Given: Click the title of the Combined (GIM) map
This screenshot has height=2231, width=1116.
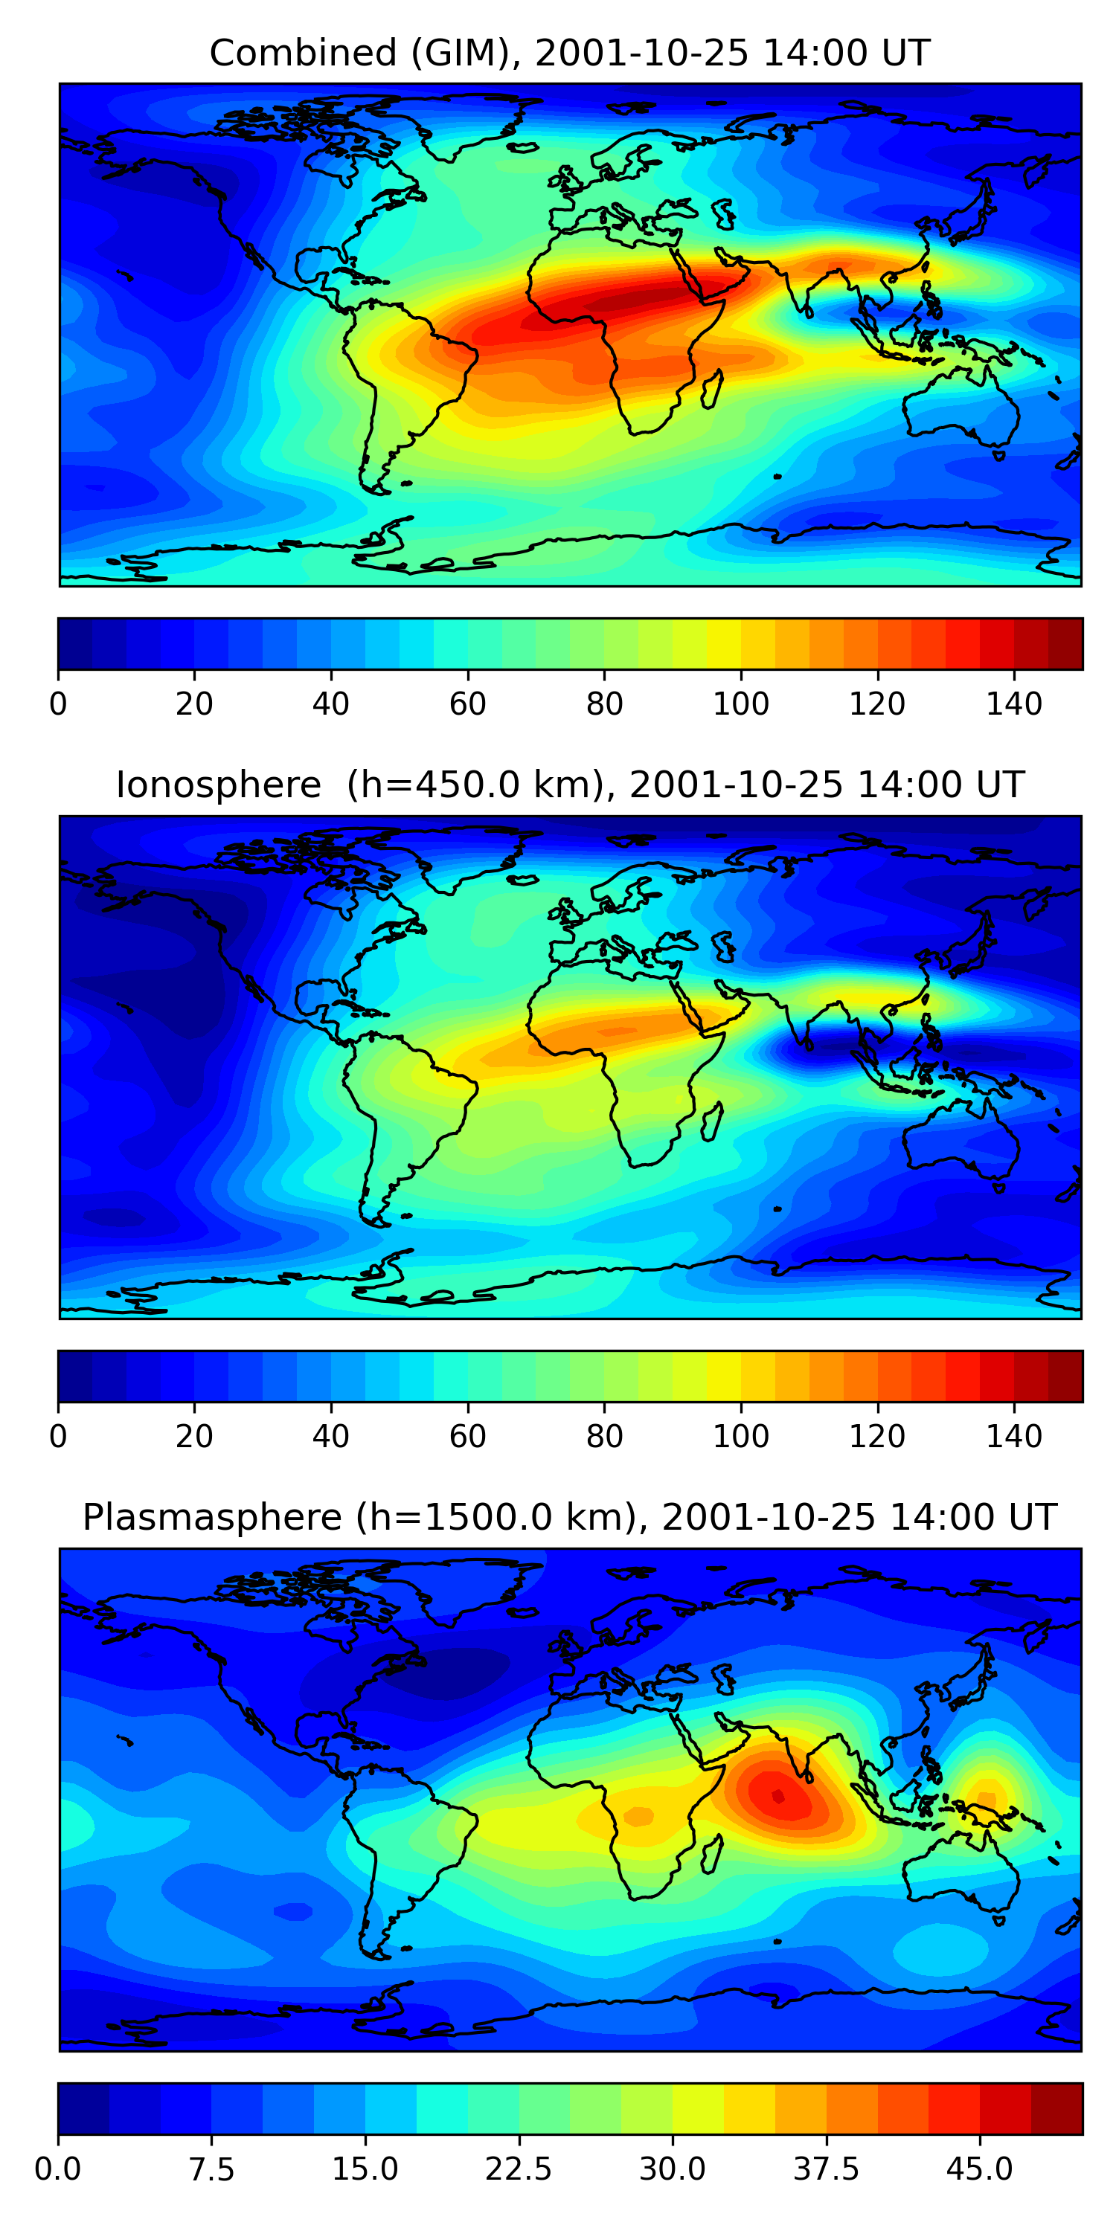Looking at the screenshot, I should [x=569, y=53].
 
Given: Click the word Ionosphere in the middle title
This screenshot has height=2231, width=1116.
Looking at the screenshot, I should [x=218, y=785].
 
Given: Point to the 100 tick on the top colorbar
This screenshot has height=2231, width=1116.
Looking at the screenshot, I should [x=741, y=704].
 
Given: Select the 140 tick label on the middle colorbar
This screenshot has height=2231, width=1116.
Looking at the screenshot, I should [x=1014, y=1436].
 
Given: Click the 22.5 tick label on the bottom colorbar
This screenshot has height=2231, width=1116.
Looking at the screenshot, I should [x=518, y=2169].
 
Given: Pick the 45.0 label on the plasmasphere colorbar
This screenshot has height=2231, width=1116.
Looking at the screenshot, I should [x=979, y=2169].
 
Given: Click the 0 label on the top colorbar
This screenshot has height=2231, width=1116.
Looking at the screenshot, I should [x=58, y=704].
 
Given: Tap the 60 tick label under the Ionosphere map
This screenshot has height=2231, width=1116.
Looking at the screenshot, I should [x=468, y=1436].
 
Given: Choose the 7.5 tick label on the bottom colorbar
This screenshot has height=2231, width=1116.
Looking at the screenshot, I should [x=211, y=2169].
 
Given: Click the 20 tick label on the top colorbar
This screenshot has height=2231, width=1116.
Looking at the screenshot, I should [x=194, y=704].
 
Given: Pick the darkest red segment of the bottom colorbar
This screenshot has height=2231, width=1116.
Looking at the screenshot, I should [x=1056, y=2109].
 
